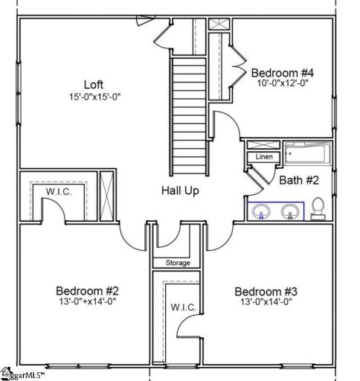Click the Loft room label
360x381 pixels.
click(x=92, y=85)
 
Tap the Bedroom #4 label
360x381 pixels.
click(x=282, y=73)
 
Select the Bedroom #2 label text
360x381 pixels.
click(x=87, y=290)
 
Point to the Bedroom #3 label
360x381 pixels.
click(x=266, y=291)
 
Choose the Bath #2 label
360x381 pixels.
click(x=299, y=179)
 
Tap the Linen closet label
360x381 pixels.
click(x=263, y=158)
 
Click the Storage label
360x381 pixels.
click(x=177, y=263)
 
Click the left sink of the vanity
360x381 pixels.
click(x=261, y=212)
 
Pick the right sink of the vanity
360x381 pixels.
click(x=290, y=212)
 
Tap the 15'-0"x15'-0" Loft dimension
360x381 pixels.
click(x=92, y=97)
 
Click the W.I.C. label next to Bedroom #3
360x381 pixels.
click(x=181, y=307)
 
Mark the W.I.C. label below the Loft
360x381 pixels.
click(x=57, y=192)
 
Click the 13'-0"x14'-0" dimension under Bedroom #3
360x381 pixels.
click(x=266, y=303)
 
